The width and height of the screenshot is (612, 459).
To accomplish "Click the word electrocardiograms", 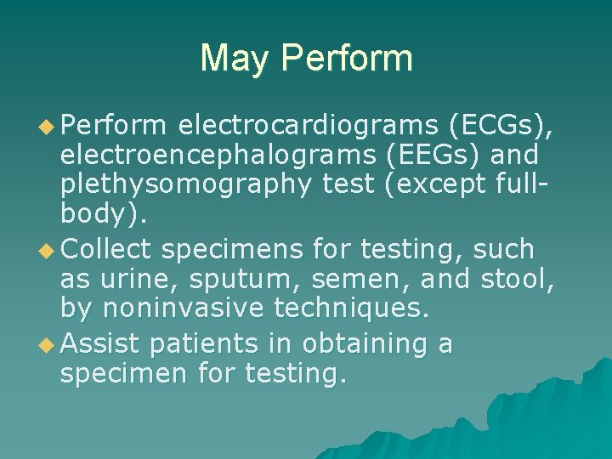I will [x=309, y=127].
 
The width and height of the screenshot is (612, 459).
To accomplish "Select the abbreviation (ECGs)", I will [x=502, y=127].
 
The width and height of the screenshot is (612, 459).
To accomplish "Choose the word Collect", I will [x=107, y=250].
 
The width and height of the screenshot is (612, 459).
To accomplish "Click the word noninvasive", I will [x=191, y=308].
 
